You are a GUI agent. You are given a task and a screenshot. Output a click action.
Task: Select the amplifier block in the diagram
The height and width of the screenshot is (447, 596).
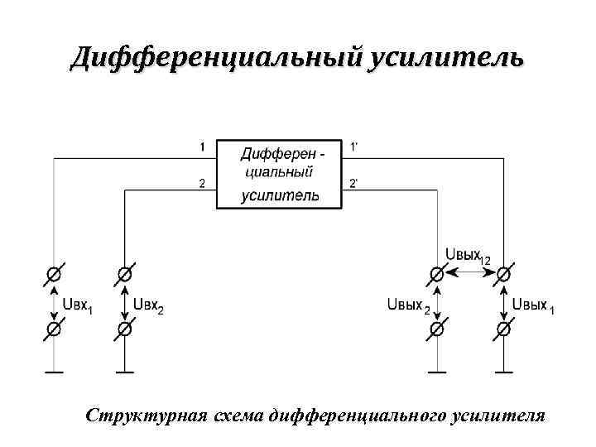[278, 174]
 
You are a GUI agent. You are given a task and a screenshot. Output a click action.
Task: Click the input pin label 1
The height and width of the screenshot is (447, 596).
[201, 147]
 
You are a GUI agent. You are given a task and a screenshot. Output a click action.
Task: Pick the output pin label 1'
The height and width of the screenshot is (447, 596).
[354, 147]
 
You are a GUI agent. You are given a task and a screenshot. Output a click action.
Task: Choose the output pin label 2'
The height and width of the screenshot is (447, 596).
[354, 184]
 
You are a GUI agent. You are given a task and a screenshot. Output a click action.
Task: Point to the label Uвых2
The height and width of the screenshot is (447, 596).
[408, 306]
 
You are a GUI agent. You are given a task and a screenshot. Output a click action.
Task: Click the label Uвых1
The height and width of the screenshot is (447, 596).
[534, 306]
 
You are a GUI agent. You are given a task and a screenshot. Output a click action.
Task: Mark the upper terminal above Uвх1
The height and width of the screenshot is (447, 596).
[54, 274]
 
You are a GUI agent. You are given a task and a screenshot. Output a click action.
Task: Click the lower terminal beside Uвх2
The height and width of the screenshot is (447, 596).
[124, 329]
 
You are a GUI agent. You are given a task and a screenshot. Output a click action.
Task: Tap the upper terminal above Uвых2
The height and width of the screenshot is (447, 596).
[436, 274]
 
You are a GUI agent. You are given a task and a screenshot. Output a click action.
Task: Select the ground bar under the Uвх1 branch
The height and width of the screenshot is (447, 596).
[54, 373]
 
